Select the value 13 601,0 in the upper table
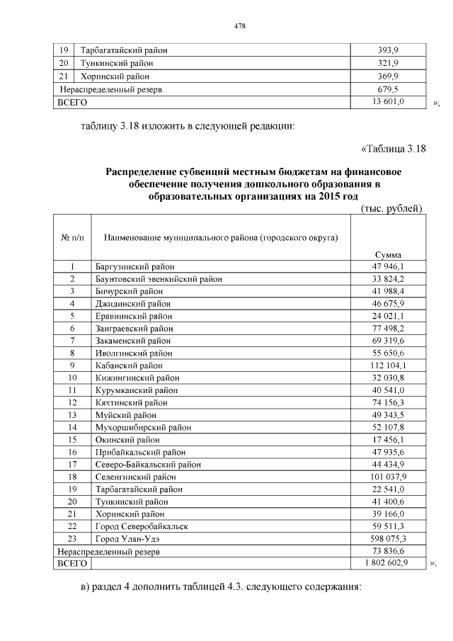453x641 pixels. tap(389, 102)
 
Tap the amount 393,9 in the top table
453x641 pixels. tap(389, 50)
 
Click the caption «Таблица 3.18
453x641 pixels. tap(393, 148)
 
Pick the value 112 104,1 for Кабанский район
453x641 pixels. tap(389, 365)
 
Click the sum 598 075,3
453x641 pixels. tap(389, 538)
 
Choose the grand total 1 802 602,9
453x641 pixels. tap(389, 562)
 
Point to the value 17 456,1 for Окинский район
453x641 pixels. tap(389, 439)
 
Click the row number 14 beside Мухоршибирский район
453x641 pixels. tap(72, 427)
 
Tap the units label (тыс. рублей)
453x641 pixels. tap(391, 208)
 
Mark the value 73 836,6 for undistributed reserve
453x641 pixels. tap(389, 550)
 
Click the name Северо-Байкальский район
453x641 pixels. tap(148, 464)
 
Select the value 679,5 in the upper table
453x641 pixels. tap(389, 89)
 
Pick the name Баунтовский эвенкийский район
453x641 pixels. tap(159, 279)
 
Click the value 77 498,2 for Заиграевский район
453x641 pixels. tap(389, 329)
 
